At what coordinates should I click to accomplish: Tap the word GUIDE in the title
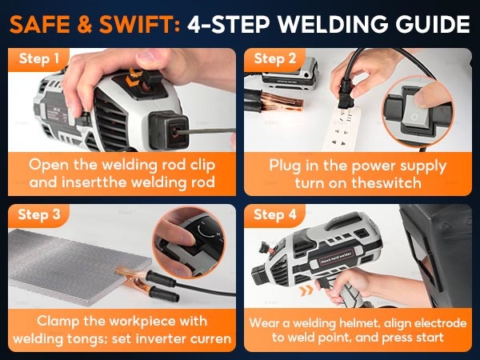click(x=432, y=25)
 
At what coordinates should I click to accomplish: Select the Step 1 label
click(x=39, y=58)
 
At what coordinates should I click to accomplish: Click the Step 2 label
click(x=275, y=58)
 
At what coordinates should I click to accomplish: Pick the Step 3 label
click(x=39, y=214)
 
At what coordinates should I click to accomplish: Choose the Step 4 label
click(x=275, y=214)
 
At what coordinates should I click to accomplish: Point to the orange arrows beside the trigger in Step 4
click(x=306, y=290)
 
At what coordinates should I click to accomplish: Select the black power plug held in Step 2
click(x=346, y=93)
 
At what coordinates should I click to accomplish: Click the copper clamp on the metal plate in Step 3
click(x=134, y=280)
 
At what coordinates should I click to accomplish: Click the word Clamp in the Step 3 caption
click(x=58, y=321)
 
